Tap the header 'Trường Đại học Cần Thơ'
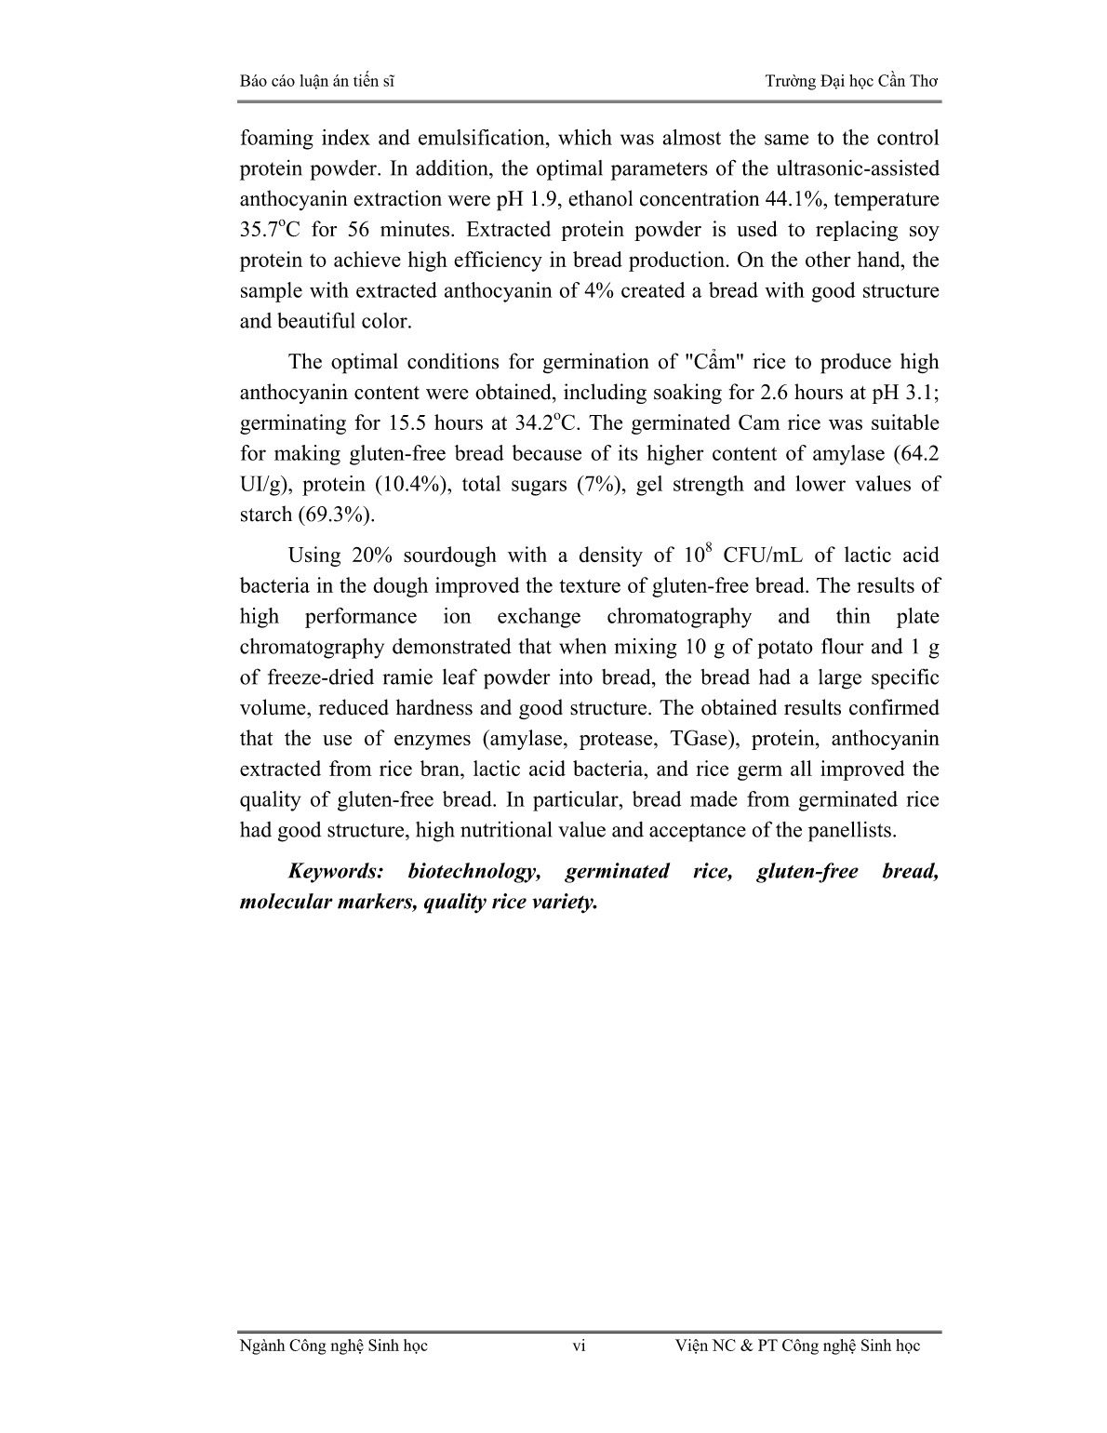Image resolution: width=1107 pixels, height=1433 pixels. click(x=851, y=81)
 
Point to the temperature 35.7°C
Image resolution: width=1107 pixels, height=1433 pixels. click(x=272, y=230)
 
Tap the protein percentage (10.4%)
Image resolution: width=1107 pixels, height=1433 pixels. click(x=393, y=485)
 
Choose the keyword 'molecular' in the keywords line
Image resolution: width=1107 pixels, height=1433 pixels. click(x=285, y=903)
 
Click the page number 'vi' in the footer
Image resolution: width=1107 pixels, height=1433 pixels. click(x=579, y=1346)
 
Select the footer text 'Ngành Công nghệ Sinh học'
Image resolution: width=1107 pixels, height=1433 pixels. click(x=333, y=1346)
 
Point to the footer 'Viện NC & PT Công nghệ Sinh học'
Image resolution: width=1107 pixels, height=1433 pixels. click(x=796, y=1346)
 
